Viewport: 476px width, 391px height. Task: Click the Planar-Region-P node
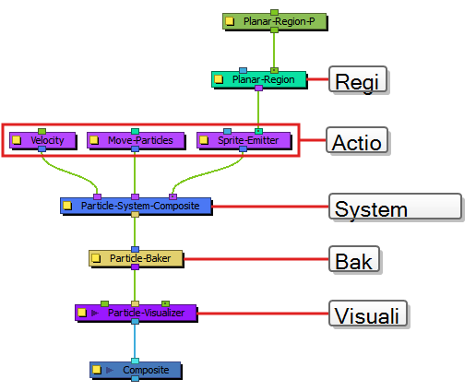tap(275, 20)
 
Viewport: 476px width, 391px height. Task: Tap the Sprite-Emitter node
tap(244, 140)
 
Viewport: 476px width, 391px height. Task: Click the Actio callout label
tap(359, 142)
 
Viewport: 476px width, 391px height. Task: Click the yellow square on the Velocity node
tap(17, 140)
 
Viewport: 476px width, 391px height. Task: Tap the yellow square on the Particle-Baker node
tap(97, 259)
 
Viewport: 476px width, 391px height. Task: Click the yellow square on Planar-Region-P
tap(230, 20)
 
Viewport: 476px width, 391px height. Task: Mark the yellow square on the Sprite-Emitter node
tap(204, 140)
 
